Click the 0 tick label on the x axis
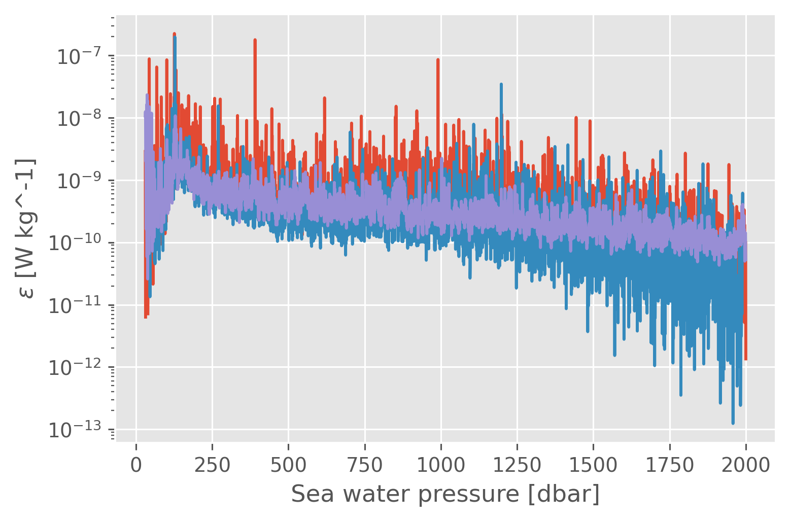pos(136,465)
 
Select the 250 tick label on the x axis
pos(212,465)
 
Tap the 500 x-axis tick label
pos(288,465)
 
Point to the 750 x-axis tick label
pos(365,465)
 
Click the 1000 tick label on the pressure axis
pos(441,465)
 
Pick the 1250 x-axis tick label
pos(517,465)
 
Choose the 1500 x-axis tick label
pos(593,465)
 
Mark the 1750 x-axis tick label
pos(670,465)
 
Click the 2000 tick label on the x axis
pos(746,465)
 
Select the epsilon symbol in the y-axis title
pos(28,292)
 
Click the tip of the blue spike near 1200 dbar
pos(501,84)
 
